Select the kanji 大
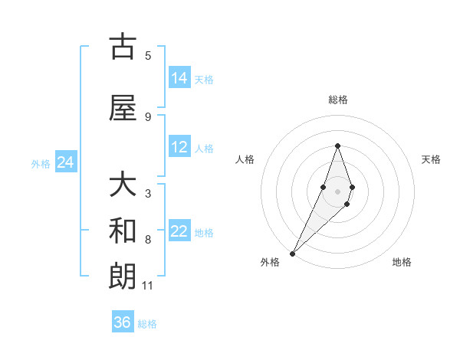(123, 185)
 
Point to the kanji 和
(123, 231)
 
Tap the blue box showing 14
(179, 78)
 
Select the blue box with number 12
(179, 148)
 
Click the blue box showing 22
(179, 232)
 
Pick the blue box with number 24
(66, 162)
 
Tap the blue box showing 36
(123, 322)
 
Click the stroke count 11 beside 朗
(148, 286)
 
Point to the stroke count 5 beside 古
(148, 55)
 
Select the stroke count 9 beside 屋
(148, 116)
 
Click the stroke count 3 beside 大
(148, 194)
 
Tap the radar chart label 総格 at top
(337, 100)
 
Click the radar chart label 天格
(431, 159)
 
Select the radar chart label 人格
(245, 159)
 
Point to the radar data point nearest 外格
(293, 252)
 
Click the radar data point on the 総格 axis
(337, 146)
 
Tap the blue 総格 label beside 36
(147, 324)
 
